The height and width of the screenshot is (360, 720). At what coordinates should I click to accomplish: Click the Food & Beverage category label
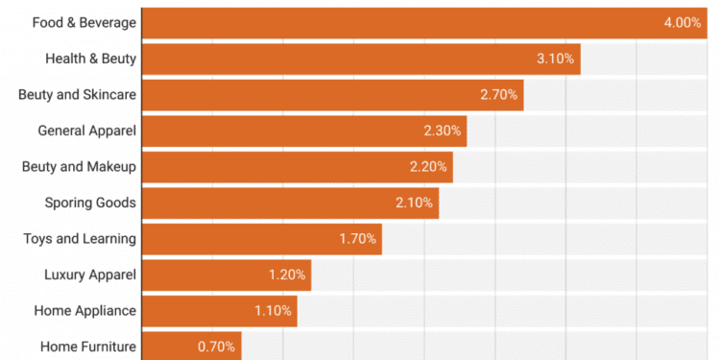point(84,22)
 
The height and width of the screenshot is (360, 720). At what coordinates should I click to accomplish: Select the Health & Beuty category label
point(90,59)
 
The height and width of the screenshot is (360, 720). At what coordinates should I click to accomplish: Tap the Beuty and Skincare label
point(78,94)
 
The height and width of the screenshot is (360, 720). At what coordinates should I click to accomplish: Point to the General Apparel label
point(86,130)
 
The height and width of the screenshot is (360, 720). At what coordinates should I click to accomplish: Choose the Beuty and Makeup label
point(79,166)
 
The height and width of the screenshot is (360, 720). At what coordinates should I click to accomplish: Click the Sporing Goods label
point(90,203)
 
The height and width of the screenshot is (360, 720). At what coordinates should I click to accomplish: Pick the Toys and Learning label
point(80,238)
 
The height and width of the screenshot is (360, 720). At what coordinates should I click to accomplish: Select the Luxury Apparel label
point(90,275)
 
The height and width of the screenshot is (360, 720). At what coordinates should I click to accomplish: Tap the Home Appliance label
point(85,310)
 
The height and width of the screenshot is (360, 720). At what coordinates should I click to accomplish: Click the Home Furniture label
point(88,347)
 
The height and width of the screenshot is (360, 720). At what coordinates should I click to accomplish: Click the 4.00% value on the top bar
point(682,22)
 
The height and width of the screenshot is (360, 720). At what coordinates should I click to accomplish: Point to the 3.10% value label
point(556,59)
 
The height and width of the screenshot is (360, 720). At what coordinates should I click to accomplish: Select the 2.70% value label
point(499,94)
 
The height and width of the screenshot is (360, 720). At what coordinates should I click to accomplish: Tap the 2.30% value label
point(443,130)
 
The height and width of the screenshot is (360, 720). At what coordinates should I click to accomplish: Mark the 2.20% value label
point(428,166)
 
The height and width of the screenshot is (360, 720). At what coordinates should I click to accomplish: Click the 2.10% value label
point(415,203)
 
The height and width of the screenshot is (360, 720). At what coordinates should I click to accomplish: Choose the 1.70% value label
point(358,238)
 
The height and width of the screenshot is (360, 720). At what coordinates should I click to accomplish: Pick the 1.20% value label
point(287,275)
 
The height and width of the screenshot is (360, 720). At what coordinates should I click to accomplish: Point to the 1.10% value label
point(273,310)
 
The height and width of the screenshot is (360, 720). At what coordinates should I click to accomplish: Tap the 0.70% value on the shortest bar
point(216,347)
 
